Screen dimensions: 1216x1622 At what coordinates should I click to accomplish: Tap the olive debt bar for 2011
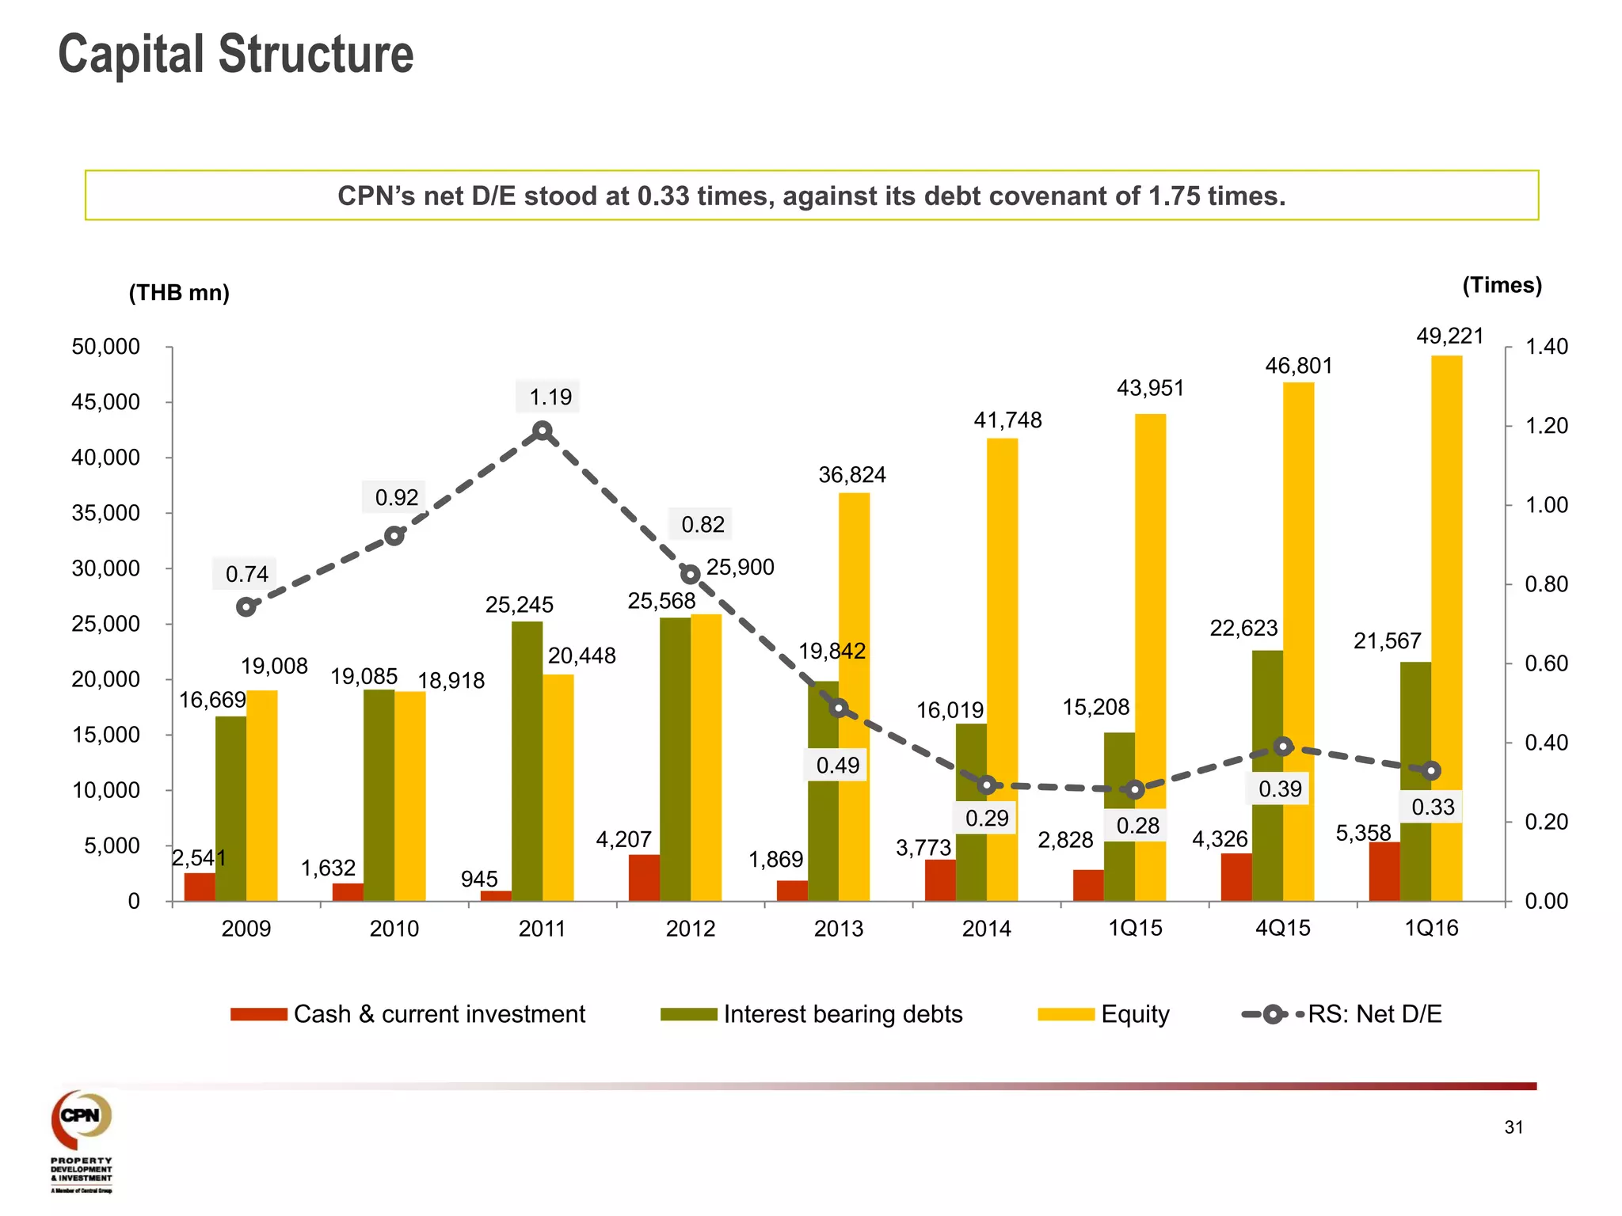(x=527, y=760)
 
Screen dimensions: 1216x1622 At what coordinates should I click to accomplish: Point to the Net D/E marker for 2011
(x=543, y=431)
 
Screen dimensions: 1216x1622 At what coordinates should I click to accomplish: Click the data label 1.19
(x=550, y=397)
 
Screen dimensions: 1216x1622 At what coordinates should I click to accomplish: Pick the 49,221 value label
(x=1449, y=336)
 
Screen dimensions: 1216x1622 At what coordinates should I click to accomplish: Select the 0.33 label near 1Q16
(x=1433, y=807)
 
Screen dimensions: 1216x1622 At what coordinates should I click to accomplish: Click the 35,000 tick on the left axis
(x=106, y=513)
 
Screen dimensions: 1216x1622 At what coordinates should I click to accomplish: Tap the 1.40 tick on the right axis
(x=1546, y=347)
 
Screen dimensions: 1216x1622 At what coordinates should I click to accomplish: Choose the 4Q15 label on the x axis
(x=1282, y=928)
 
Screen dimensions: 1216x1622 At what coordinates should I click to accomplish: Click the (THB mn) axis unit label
(x=179, y=293)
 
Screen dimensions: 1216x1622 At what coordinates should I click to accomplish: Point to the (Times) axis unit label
(x=1502, y=285)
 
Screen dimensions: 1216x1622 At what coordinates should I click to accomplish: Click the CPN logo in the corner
(x=82, y=1118)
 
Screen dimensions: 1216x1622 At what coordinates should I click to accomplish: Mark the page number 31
(x=1513, y=1127)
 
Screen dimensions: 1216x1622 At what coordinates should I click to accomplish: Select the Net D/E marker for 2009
(x=246, y=607)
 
